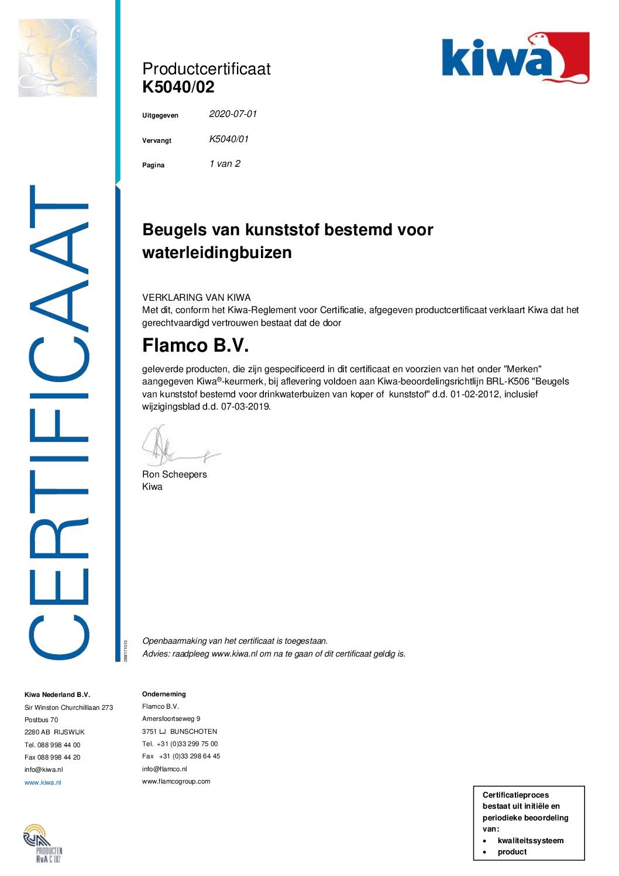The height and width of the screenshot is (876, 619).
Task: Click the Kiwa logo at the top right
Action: coord(515,58)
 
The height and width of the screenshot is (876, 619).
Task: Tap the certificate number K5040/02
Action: coord(178,87)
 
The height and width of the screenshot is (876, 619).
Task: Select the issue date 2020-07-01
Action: coord(233,114)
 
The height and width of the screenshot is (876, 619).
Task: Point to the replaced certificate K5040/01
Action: coord(229,139)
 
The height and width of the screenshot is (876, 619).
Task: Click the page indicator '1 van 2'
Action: coord(225,164)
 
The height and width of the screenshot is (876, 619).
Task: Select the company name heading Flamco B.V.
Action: coord(195,346)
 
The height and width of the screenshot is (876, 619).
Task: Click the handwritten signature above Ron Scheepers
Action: coord(176,448)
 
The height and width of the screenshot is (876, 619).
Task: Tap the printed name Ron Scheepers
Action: coord(174,475)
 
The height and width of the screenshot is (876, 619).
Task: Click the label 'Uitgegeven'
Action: coord(160,115)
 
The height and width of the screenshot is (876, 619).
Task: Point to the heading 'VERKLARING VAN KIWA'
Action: coord(196,297)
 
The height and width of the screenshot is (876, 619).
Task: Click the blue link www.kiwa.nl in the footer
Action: coord(43,782)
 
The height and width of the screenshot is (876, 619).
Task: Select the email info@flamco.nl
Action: coord(164,769)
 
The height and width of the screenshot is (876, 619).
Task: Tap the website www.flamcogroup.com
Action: coord(176,781)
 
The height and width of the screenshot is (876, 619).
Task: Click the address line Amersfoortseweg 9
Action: coord(171,719)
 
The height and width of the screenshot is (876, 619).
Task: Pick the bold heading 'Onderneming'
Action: coord(164,694)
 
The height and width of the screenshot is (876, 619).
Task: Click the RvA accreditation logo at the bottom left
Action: coord(42,843)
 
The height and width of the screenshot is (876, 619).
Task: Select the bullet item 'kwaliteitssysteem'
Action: coord(530,841)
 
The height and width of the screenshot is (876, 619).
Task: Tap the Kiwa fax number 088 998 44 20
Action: coord(53,757)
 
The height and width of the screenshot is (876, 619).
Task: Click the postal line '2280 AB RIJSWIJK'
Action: coord(54,732)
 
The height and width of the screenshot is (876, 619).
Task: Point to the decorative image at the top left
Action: coord(57,57)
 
